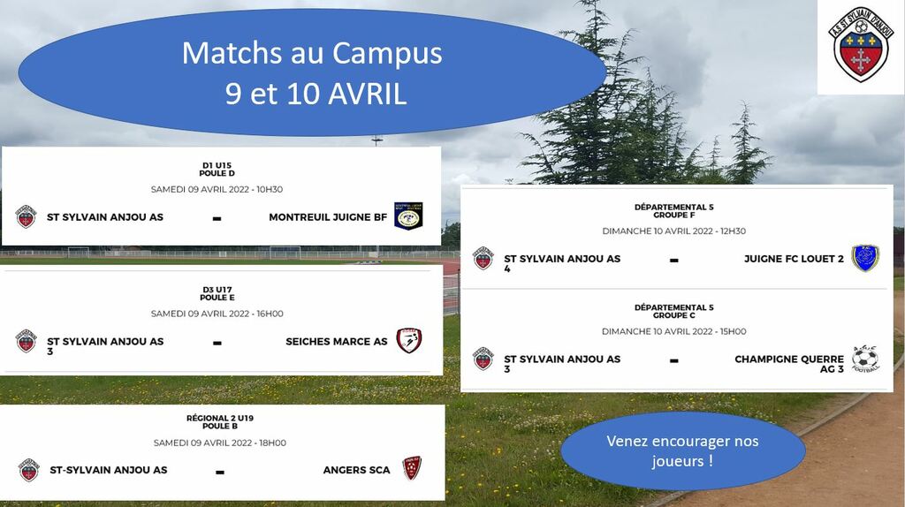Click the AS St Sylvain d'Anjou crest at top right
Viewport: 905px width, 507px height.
[x=861, y=44]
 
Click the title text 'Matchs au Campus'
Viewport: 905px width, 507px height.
[x=312, y=53]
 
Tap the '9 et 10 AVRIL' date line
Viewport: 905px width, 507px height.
[x=316, y=94]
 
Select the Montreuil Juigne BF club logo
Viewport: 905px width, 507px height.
[x=408, y=216]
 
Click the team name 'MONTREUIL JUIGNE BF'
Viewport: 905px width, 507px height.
[x=328, y=217]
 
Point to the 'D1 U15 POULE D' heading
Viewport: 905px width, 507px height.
[x=217, y=169]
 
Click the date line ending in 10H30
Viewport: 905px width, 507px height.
[x=217, y=189]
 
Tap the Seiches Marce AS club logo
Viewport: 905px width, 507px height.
[x=409, y=340]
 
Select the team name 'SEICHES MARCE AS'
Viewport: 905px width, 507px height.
[x=337, y=342]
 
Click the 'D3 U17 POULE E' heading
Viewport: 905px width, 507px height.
[x=217, y=293]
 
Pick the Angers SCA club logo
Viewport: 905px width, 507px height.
[x=412, y=468]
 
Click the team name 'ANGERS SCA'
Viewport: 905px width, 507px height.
[x=357, y=470]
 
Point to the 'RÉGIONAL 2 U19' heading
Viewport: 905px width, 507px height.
[x=220, y=418]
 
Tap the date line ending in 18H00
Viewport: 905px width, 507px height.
[x=220, y=443]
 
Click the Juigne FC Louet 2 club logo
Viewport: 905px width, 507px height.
[x=865, y=258]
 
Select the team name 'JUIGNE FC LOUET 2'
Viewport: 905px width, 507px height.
[x=794, y=259]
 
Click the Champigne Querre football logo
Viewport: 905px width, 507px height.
[x=865, y=359]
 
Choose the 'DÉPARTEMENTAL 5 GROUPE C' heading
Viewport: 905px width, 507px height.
[x=674, y=312]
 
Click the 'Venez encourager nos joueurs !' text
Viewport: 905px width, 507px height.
[x=683, y=451]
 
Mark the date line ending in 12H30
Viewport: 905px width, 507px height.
[x=674, y=231]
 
